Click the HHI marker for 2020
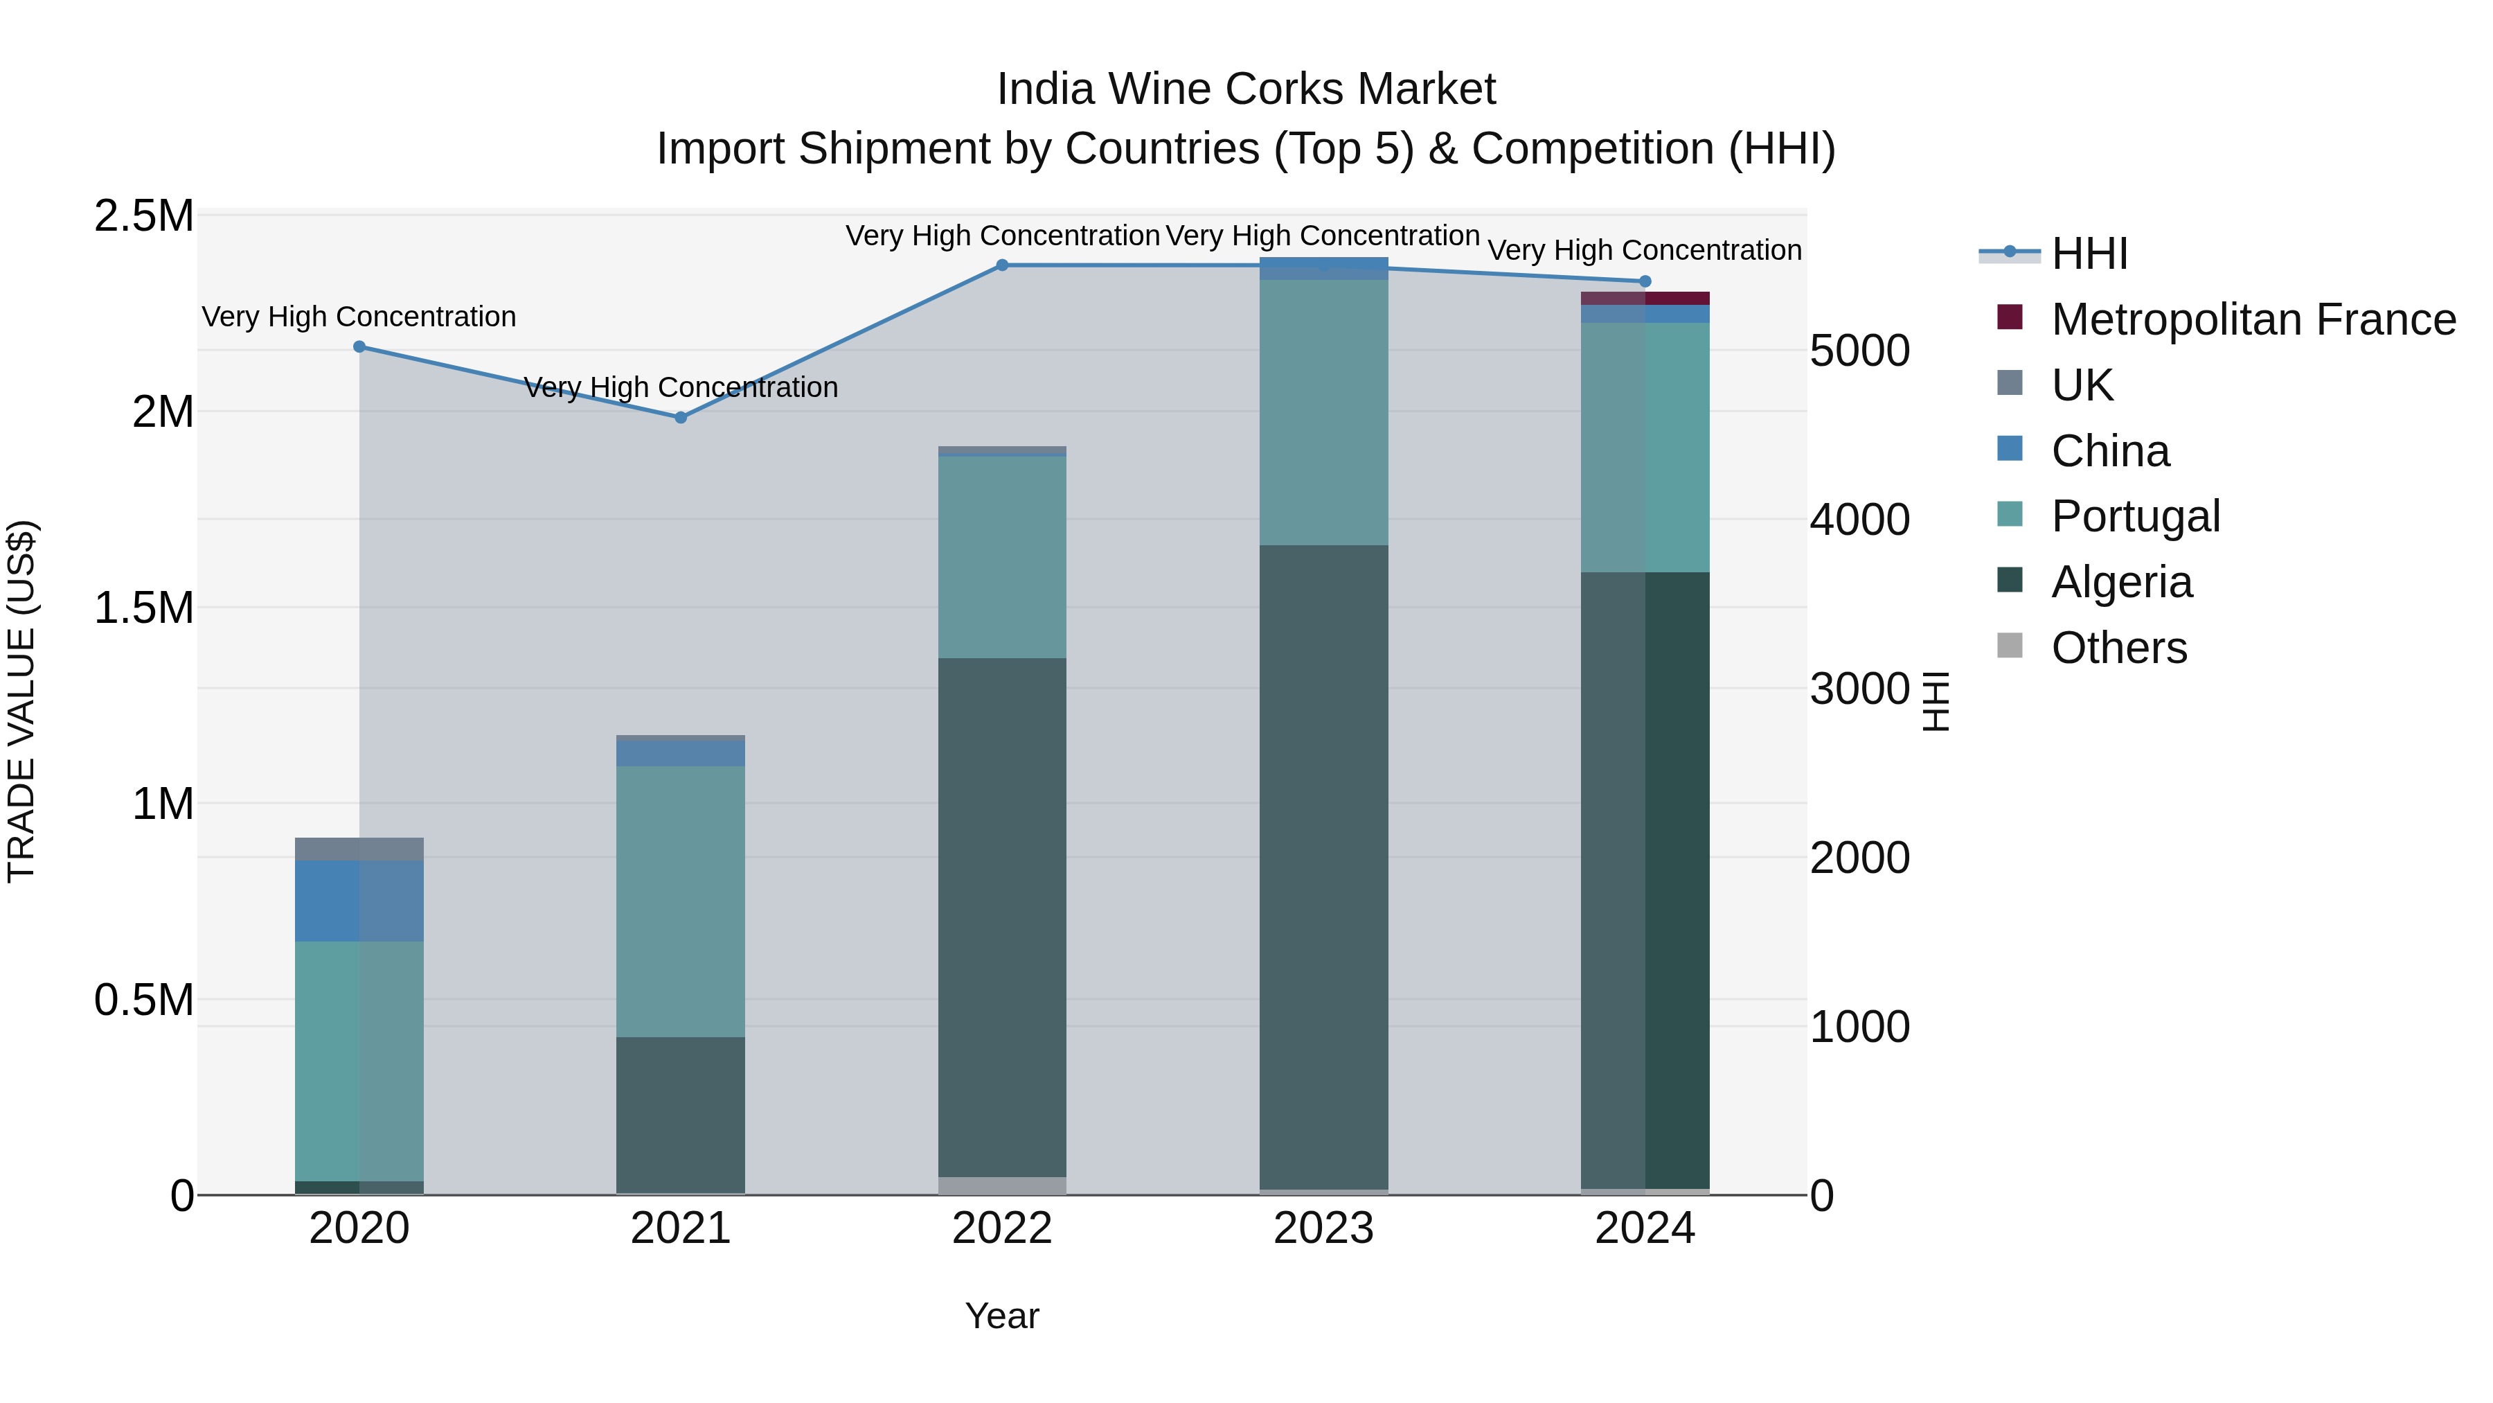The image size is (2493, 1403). pyautogui.click(x=359, y=346)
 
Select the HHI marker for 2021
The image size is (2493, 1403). pyautogui.click(x=680, y=417)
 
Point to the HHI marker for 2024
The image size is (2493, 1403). pyautogui.click(x=1644, y=282)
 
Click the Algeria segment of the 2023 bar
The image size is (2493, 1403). pyautogui.click(x=1323, y=867)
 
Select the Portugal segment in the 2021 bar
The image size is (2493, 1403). pyautogui.click(x=680, y=901)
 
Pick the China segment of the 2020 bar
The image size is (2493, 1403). pyautogui.click(x=359, y=901)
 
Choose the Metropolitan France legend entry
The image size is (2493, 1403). pyautogui.click(x=2253, y=319)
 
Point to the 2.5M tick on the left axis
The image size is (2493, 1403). pyautogui.click(x=144, y=216)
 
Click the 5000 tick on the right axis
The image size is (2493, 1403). pyautogui.click(x=1859, y=351)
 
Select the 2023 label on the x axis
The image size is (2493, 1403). pyautogui.click(x=1323, y=1228)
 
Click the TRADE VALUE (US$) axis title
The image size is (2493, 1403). pyautogui.click(x=21, y=701)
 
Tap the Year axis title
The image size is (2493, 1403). pyautogui.click(x=1001, y=1316)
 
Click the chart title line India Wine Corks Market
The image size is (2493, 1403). pyautogui.click(x=1246, y=89)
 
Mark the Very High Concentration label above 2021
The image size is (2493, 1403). pyautogui.click(x=680, y=387)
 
